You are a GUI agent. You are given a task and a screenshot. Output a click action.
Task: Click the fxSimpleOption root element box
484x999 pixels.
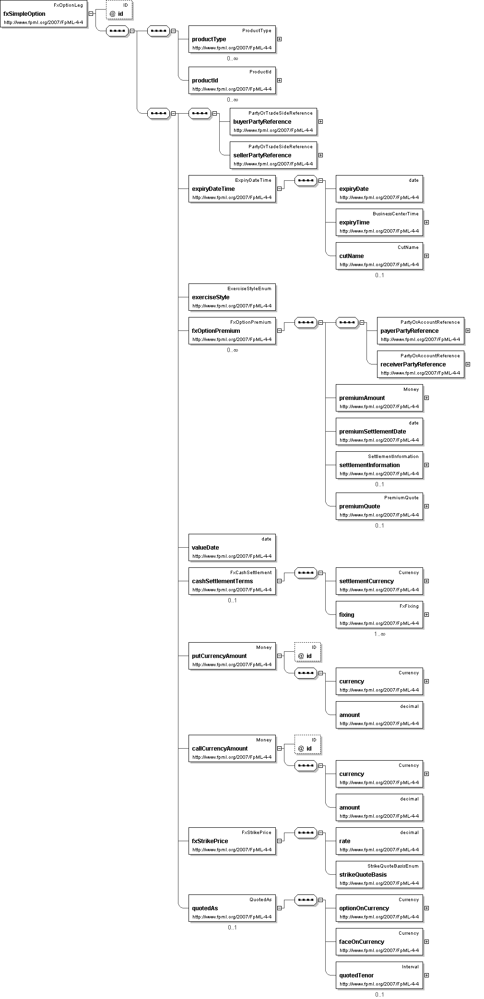44,14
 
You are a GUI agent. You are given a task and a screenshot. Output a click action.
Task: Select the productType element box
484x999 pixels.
232,39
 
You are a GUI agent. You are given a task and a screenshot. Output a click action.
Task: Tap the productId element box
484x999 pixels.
232,81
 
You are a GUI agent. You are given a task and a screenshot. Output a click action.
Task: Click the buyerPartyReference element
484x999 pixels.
273,122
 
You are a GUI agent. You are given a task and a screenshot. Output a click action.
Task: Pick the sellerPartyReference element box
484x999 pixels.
273,155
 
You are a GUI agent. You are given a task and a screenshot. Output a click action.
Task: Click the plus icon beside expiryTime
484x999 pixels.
426,223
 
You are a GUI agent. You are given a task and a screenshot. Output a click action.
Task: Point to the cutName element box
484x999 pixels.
379,256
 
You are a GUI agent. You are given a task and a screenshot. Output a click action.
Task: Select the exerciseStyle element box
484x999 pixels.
232,297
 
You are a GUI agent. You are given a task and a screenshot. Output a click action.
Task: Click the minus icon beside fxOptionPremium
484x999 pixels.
279,330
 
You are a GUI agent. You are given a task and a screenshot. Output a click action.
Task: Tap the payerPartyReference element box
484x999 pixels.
421,331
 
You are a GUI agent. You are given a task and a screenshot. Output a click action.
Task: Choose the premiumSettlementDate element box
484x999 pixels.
379,432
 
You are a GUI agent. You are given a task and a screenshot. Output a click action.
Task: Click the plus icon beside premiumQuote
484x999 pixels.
426,506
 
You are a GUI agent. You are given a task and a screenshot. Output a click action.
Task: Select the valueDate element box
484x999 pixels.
232,548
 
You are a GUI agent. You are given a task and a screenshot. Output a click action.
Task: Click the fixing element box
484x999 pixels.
379,615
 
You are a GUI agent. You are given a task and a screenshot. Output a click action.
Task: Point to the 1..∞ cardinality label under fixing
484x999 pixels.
379,634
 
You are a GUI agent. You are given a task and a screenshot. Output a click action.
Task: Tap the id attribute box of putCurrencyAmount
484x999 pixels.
308,652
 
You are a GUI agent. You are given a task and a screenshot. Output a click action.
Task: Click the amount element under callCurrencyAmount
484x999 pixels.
379,808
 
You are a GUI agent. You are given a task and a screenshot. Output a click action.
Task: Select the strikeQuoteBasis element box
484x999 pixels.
379,875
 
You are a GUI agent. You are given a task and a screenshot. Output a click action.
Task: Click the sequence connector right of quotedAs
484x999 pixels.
306,900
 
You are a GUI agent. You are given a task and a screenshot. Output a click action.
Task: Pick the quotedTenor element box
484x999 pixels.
379,975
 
